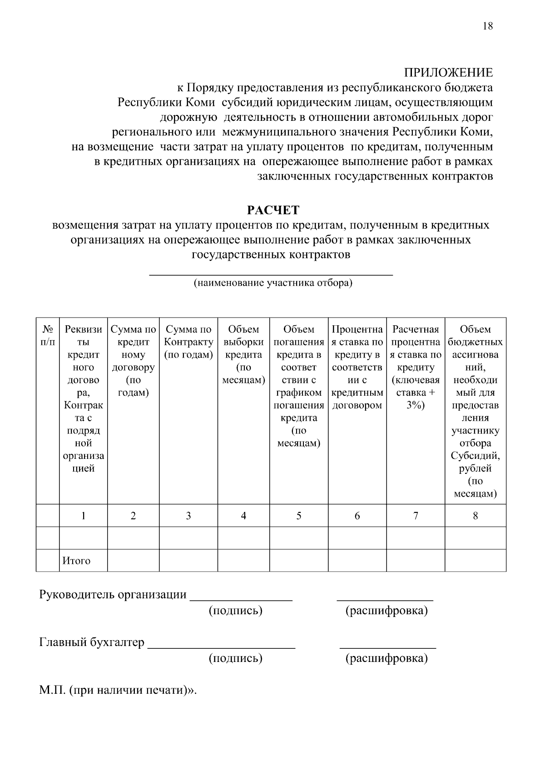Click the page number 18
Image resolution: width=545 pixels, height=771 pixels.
487,26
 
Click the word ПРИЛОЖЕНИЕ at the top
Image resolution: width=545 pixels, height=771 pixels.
448,73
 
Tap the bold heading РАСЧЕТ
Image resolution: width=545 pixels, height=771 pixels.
273,210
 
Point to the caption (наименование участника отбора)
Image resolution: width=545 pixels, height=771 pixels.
273,283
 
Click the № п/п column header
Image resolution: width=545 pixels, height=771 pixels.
47,335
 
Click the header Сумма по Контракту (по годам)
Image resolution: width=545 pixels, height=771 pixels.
188,342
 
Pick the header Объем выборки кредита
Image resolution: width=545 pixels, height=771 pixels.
243,354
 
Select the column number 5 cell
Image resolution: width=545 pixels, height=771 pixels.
299,516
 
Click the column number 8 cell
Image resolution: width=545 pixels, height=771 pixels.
475,516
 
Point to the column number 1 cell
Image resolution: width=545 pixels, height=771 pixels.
84,516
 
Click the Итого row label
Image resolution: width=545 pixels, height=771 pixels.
76,561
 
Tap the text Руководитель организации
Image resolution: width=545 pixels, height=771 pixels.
113,595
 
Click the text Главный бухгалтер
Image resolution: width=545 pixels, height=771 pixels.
92,642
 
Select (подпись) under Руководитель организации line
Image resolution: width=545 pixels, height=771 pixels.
235,611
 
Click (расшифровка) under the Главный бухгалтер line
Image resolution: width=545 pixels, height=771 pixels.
386,658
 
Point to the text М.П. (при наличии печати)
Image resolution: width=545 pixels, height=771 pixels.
117,691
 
